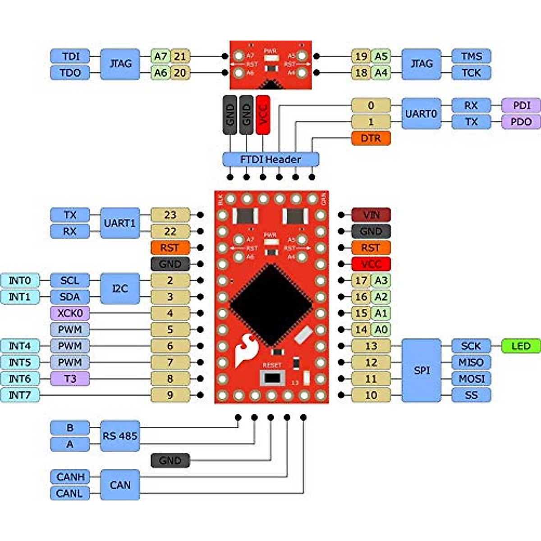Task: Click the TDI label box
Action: [70, 56]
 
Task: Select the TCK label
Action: [471, 73]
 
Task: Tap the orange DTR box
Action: [371, 138]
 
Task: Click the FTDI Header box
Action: [270, 160]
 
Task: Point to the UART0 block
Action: [421, 114]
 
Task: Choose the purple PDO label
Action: [521, 122]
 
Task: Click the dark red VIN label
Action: [371, 215]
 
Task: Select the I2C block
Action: [119, 289]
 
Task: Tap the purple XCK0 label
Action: [70, 313]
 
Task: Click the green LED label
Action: [521, 346]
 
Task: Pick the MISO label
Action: [471, 362]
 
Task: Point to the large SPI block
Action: [421, 371]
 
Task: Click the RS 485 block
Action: [119, 436]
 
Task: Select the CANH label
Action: [70, 477]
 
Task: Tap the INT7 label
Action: [20, 395]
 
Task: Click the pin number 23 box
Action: [170, 215]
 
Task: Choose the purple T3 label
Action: [70, 379]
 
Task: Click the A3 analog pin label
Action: [381, 280]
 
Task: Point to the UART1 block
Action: [119, 223]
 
